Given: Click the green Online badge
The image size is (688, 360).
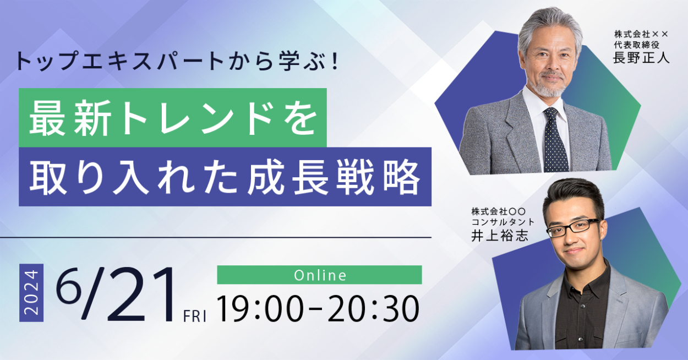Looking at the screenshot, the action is (319, 275).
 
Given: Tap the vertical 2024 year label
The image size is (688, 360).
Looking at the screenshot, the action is (31, 293).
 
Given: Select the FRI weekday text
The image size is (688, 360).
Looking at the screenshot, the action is (194, 317).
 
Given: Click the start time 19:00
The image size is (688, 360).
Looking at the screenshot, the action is (260, 308).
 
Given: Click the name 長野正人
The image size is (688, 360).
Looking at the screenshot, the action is (641, 57).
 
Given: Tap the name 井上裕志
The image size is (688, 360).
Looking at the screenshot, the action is (499, 235).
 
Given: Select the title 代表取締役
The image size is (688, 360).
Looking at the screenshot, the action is (637, 45).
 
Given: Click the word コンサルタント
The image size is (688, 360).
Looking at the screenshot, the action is (503, 222).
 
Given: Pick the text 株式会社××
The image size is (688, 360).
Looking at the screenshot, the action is (641, 34).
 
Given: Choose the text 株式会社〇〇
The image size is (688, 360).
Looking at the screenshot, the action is (499, 211).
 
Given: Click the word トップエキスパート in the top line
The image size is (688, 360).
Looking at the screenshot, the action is (119, 61).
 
